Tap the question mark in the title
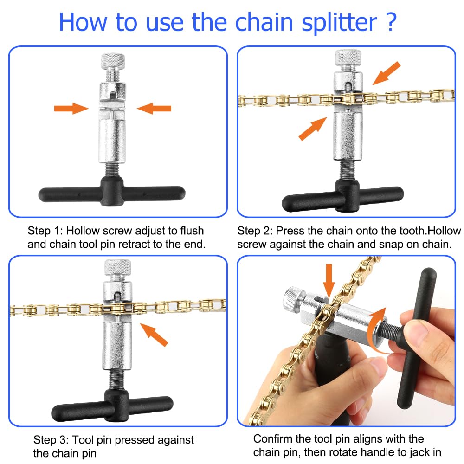390,21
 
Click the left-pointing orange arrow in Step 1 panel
154,109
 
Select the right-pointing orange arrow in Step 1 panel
71,109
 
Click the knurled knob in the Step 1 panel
113,61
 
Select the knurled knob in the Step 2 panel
348,57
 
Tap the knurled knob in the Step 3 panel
118,266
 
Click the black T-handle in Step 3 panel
112,407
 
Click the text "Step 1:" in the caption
46,231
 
